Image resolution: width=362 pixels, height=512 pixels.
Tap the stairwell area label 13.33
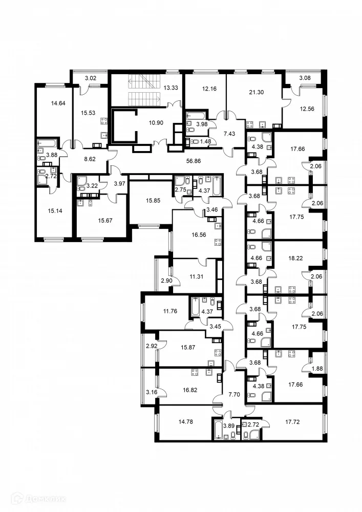(x=171, y=88)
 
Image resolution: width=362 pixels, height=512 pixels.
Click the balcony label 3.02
(x=90, y=78)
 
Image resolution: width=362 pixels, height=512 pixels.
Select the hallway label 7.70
(x=233, y=394)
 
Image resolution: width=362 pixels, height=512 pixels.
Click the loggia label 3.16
(x=151, y=392)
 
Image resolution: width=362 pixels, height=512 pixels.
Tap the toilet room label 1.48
(x=205, y=141)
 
